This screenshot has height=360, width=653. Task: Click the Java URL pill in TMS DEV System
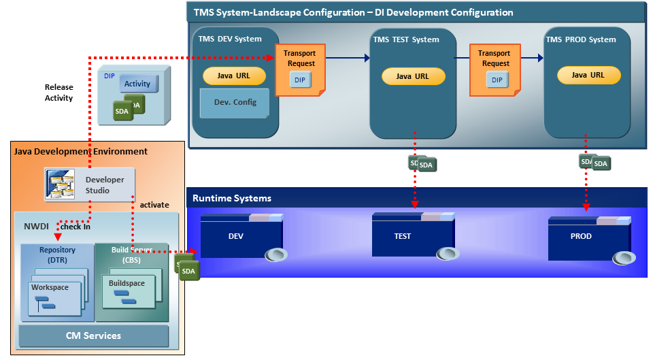tap(233, 76)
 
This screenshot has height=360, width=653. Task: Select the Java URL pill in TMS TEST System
tap(413, 76)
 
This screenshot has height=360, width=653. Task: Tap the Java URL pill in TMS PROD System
tap(588, 75)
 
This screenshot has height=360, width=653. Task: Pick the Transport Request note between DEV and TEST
tap(300, 69)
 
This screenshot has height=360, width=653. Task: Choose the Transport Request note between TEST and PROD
tap(495, 69)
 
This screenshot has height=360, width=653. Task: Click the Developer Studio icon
tap(59, 184)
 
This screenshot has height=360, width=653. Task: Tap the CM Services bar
tap(93, 336)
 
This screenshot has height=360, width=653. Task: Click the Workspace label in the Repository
tap(50, 287)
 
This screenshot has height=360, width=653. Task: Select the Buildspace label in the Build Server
tap(126, 282)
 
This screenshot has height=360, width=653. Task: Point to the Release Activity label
tap(59, 93)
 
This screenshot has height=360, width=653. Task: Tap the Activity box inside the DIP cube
tap(138, 84)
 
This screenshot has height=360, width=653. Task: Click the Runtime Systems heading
tap(232, 198)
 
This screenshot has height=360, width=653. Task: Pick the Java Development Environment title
tap(81, 151)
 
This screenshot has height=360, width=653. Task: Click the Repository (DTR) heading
tap(57, 255)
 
